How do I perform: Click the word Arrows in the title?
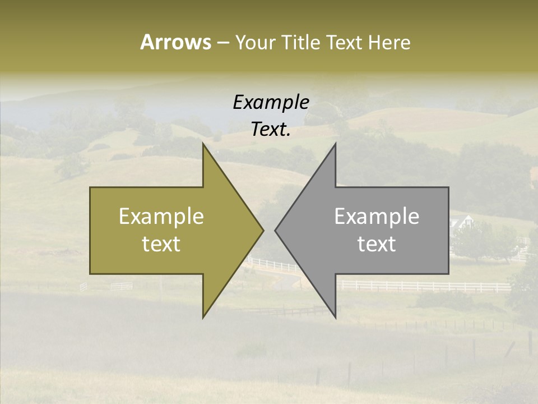pyautogui.click(x=175, y=42)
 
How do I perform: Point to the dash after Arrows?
pyautogui.click(x=222, y=43)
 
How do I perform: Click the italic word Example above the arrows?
pyautogui.click(x=271, y=102)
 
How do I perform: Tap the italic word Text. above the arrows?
pyautogui.click(x=271, y=130)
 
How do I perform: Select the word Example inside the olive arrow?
pyautogui.click(x=161, y=217)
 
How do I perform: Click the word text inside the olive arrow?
pyautogui.click(x=161, y=244)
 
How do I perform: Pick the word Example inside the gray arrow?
pyautogui.click(x=377, y=217)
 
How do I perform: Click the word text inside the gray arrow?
pyautogui.click(x=377, y=244)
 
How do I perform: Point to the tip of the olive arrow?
pyautogui.click(x=263, y=230)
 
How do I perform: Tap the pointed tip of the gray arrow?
pyautogui.click(x=275, y=230)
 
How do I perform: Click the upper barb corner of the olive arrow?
pyautogui.click(x=203, y=143)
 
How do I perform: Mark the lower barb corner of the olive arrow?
pyautogui.click(x=203, y=318)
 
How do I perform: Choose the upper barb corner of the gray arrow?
pyautogui.click(x=335, y=143)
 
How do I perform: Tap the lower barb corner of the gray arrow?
pyautogui.click(x=335, y=318)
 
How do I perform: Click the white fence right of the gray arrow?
pyautogui.click(x=426, y=286)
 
